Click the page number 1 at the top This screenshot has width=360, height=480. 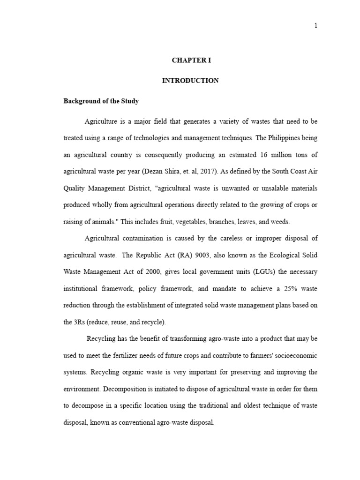[x=316, y=26]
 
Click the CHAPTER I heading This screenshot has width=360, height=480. [x=190, y=61]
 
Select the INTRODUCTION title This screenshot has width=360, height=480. [x=190, y=81]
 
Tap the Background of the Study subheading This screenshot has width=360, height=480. [x=101, y=101]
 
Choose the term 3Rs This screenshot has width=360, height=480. [x=74, y=322]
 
